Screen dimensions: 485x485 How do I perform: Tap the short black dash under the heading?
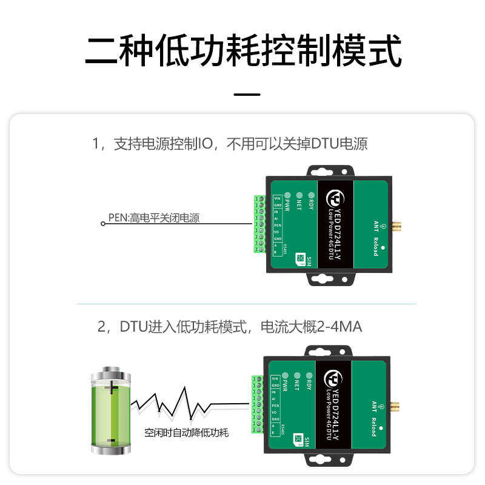pyautogui.click(x=247, y=95)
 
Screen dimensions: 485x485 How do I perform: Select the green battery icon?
pyautogui.click(x=110, y=409)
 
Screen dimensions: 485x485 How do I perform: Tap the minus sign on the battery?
pyautogui.click(x=111, y=441)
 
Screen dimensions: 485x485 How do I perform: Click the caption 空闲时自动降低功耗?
pyautogui.click(x=186, y=433)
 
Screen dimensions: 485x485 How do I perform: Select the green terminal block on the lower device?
pyautogui.click(x=257, y=406)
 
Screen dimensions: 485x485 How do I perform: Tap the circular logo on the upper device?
pyautogui.click(x=334, y=198)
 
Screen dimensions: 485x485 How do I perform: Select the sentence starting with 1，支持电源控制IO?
pyautogui.click(x=230, y=144)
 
